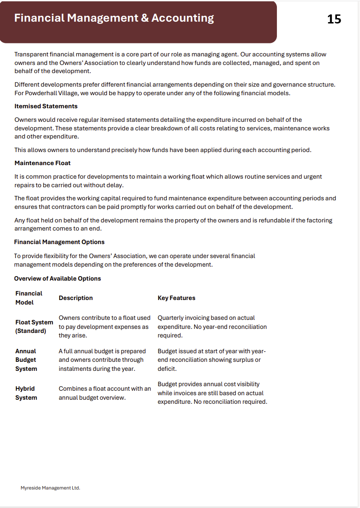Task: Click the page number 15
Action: (x=334, y=19)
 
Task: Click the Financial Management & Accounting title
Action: (x=114, y=18)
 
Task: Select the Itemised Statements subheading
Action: (x=46, y=106)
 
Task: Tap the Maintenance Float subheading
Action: (x=42, y=163)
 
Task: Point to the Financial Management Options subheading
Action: (x=59, y=242)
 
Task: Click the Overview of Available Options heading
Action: (x=57, y=278)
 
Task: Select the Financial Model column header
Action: (x=28, y=298)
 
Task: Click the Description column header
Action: (x=75, y=298)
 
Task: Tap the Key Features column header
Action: (x=176, y=298)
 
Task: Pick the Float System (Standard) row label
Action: (x=34, y=327)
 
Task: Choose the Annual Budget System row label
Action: (x=26, y=360)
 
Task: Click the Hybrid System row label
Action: (x=26, y=393)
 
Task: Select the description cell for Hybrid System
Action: (x=104, y=393)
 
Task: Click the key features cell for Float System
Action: (x=212, y=327)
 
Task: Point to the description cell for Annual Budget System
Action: (x=102, y=360)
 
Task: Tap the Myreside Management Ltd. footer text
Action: (x=50, y=488)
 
